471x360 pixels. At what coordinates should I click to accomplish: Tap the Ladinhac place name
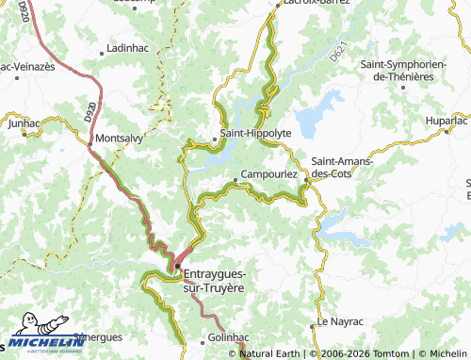coord(129,46)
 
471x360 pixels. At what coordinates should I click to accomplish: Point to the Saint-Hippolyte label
coord(255,134)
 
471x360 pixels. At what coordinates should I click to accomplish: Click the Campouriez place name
coord(269,174)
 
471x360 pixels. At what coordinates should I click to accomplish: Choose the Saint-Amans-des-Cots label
coord(342,167)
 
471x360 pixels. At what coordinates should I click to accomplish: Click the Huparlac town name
coord(447,121)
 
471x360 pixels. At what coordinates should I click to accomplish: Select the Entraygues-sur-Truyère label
coord(225,280)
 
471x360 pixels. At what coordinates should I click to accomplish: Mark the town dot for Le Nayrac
coord(312,326)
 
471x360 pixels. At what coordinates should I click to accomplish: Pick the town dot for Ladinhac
coord(103,46)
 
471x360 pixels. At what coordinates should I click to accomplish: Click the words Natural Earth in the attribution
coord(270,353)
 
